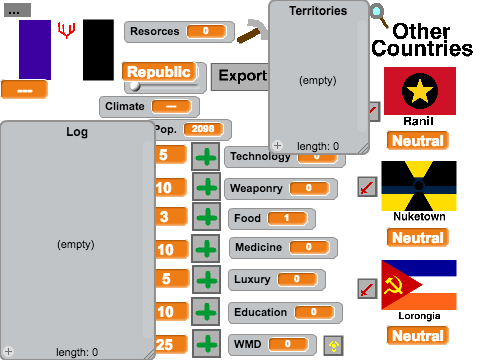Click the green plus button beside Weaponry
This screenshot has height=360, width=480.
206,187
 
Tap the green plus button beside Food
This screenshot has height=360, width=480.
206,217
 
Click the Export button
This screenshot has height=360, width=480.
241,76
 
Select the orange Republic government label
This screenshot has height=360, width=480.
159,72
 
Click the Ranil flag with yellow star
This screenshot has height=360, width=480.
420,91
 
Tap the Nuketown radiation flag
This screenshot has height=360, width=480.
419,186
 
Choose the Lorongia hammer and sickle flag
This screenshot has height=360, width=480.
419,285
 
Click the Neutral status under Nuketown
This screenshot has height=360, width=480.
418,238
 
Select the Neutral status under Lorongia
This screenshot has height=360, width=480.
418,335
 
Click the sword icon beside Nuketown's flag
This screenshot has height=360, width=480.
367,187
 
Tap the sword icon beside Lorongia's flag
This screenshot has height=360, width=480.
367,289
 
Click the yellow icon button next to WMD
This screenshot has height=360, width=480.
333,345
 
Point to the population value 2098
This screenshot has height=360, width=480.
203,129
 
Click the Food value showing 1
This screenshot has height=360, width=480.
287,218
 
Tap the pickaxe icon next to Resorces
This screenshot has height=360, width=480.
253,31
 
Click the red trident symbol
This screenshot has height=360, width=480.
66,30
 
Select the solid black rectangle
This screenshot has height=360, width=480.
98,50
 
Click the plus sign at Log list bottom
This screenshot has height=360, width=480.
9,351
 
